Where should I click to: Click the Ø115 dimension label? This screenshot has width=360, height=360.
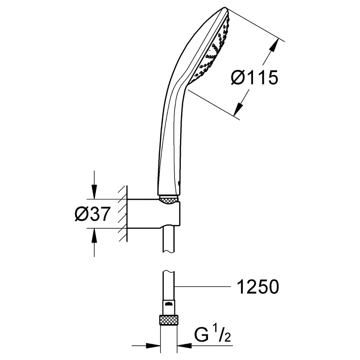tap(255, 77)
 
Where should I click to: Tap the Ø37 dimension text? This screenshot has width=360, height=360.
tap(93, 214)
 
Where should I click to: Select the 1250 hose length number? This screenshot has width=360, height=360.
tap(258, 287)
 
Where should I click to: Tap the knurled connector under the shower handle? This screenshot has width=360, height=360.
tap(169, 199)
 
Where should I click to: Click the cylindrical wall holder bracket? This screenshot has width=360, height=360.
tap(153, 214)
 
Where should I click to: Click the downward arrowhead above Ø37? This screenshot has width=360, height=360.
tap(94, 192)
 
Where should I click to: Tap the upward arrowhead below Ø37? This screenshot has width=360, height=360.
tap(94, 236)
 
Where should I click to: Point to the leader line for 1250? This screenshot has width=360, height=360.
tap(202, 287)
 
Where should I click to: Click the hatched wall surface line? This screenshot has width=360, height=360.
tap(127, 213)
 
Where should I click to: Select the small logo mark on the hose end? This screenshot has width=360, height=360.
tap(169, 305)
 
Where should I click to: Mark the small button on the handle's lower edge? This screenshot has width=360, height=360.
tap(179, 183)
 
